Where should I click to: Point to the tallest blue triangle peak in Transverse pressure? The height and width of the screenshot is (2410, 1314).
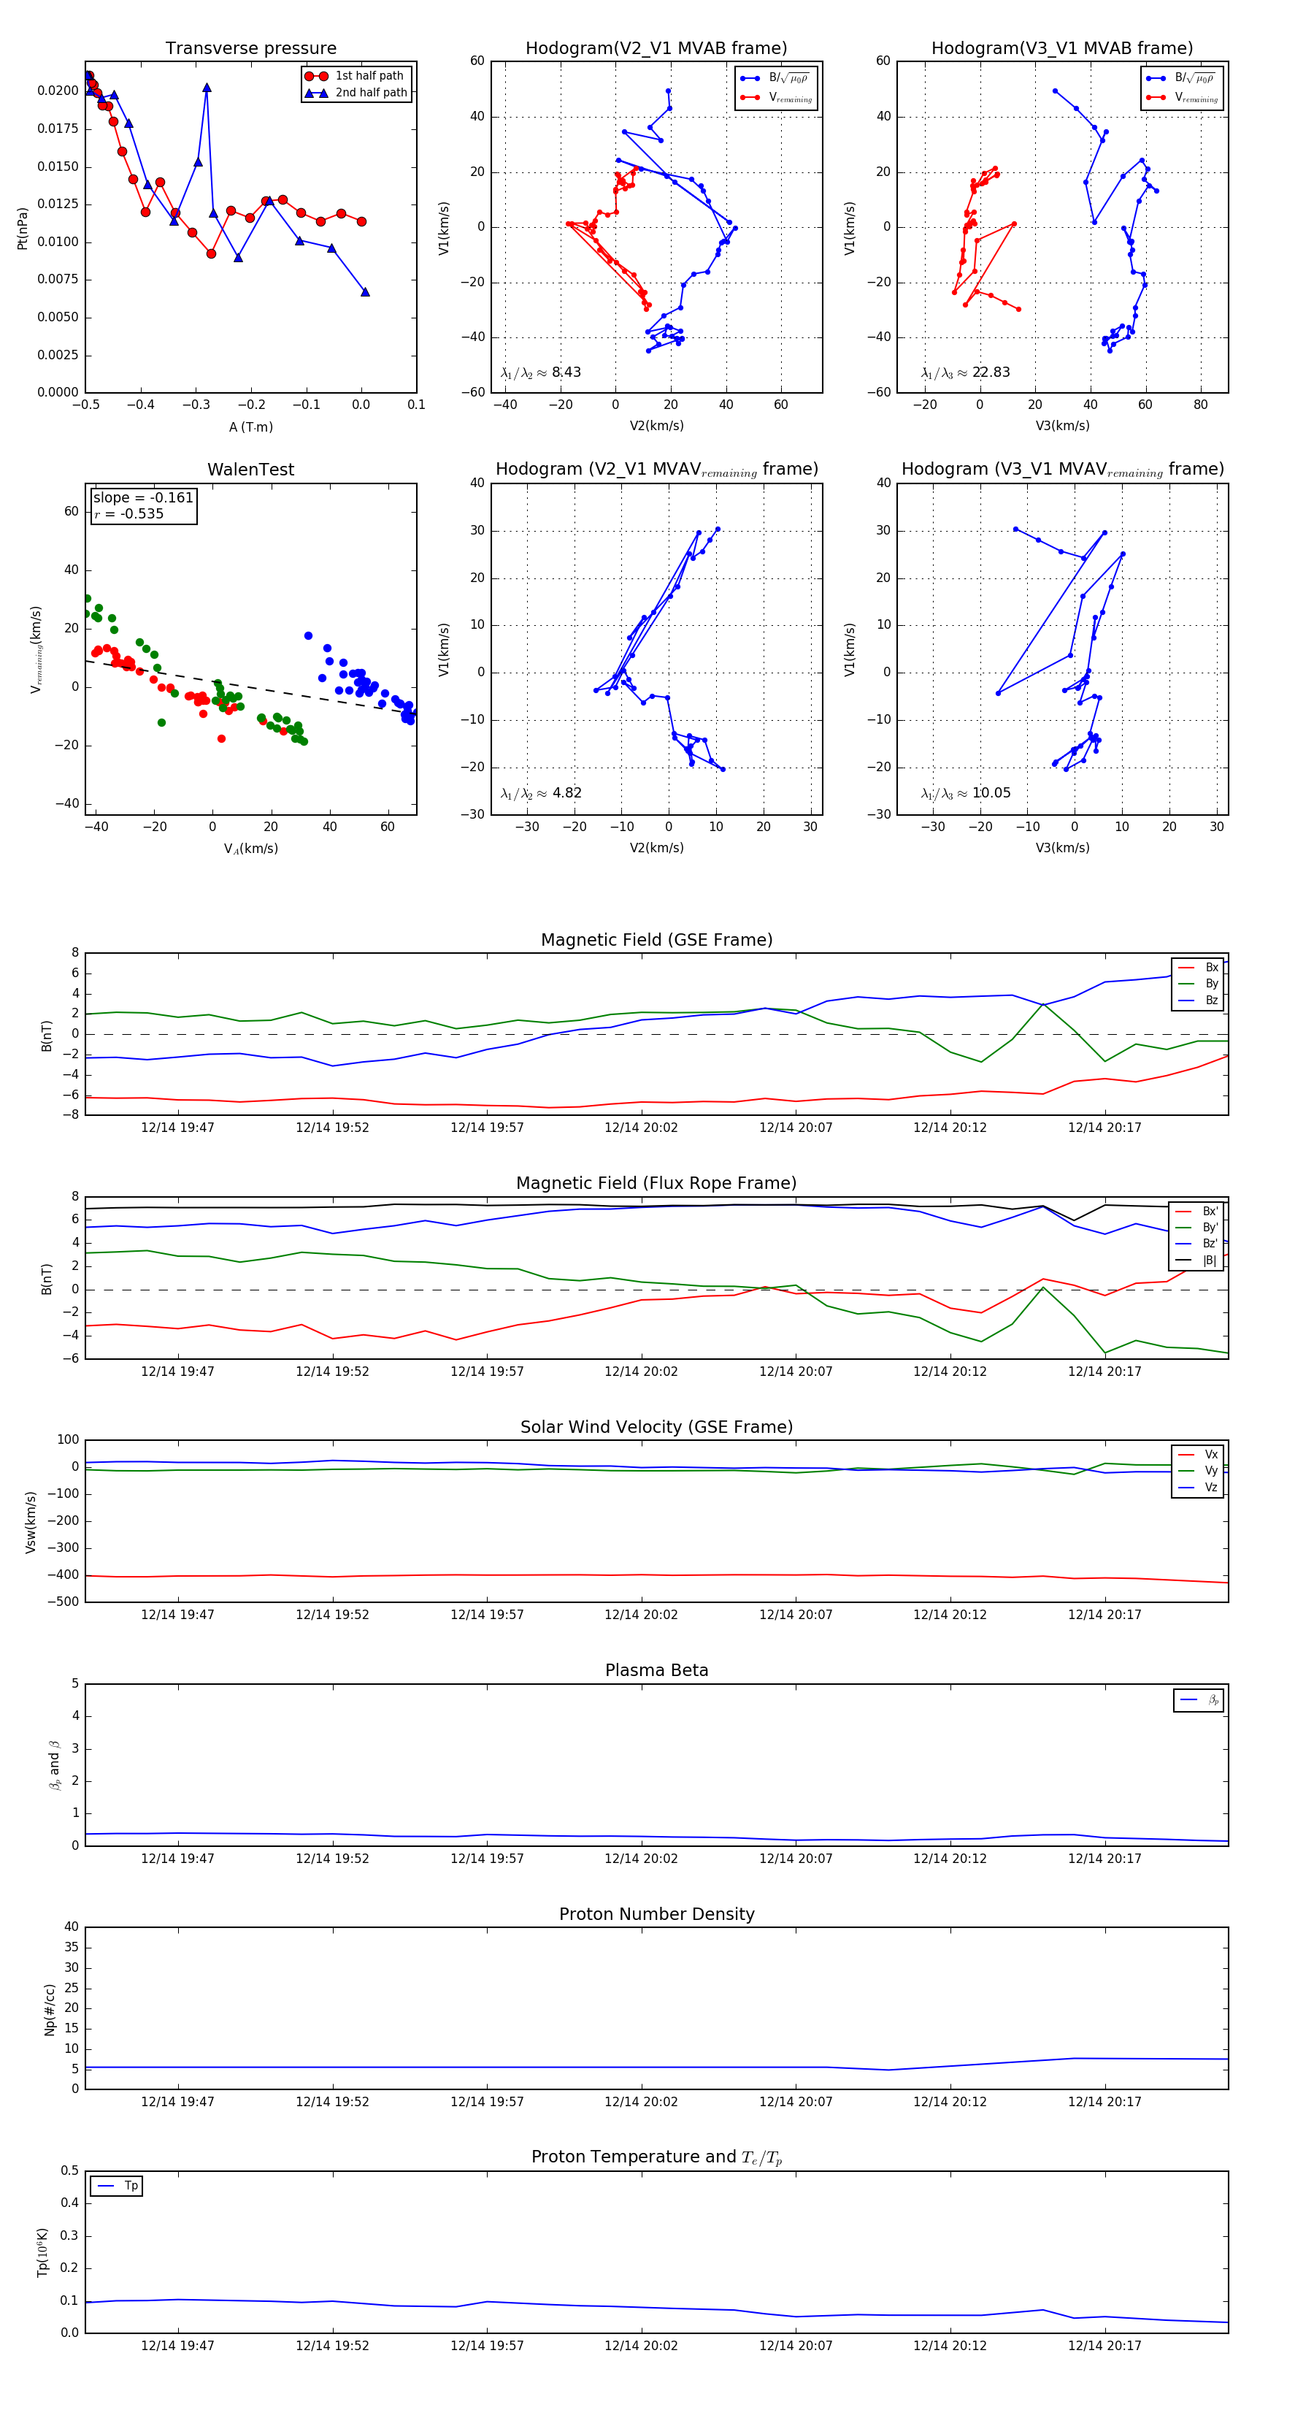pos(207,88)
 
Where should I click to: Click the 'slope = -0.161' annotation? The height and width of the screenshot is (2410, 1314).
pos(143,498)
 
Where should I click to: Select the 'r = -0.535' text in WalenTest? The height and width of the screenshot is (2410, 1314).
pos(129,513)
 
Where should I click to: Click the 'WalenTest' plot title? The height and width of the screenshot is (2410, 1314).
pos(250,470)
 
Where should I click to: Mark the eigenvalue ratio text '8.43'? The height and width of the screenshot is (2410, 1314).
pos(566,372)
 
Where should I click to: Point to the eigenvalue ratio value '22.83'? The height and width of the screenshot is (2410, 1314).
pos(991,372)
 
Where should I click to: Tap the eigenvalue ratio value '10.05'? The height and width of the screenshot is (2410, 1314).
pos(991,793)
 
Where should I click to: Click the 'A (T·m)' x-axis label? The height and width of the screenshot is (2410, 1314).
pos(250,427)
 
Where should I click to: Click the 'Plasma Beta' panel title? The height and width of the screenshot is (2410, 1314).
pos(656,1670)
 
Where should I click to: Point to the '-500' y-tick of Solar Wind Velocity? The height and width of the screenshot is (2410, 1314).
pos(62,1602)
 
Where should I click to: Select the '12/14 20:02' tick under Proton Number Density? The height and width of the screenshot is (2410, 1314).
pos(641,2101)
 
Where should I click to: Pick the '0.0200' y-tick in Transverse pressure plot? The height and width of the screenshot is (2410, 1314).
pos(58,91)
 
